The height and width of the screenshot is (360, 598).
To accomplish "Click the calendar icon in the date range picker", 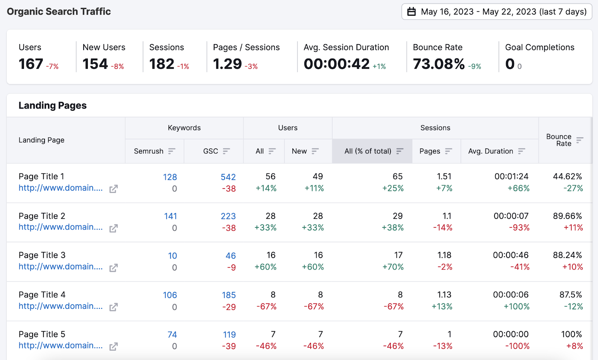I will pos(411,12).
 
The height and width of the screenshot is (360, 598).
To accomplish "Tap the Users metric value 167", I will pos(31,64).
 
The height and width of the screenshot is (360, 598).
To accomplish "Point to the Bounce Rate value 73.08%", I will pos(439,64).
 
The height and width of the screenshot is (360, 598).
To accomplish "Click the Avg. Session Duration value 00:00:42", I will pos(336,64).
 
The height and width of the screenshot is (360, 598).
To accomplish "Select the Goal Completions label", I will pos(539,47).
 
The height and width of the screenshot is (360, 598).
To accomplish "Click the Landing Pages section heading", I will pos(53,105).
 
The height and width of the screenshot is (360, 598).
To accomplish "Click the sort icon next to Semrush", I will pos(172,151).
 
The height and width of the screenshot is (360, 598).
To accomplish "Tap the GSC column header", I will pos(211,151).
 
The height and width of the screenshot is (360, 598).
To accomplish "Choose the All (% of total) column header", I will pos(368,151).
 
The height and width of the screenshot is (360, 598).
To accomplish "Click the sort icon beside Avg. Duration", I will pos(522,151).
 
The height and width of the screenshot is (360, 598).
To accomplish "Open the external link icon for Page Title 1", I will pos(114,189).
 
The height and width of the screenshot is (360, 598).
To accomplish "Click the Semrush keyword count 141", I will pos(170,216).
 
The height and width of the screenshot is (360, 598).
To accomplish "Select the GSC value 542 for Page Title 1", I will pos(228,177).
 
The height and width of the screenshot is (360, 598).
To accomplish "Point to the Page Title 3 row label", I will pos(42,255).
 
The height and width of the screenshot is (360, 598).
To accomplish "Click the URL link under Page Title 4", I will pos(61,306).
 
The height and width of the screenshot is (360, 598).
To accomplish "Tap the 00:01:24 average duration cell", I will pos(511,176).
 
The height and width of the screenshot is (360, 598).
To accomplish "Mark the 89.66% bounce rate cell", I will pos(567,216).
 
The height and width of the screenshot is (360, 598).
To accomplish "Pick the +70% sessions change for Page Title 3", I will pos(393,267).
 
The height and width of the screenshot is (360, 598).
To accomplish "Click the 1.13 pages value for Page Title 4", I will pos(444,295).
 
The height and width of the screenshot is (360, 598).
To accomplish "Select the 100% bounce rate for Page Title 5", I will pos(571,334).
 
